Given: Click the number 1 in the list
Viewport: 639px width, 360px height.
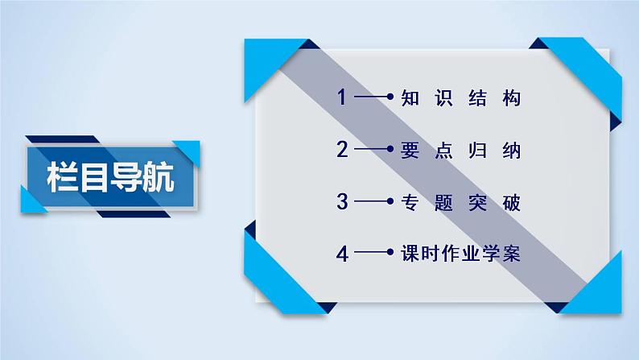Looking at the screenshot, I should (342, 98).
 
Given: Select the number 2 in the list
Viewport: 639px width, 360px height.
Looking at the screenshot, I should (342, 150).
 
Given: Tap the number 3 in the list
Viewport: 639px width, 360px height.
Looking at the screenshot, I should (342, 202).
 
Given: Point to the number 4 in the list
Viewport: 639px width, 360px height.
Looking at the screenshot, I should (342, 254).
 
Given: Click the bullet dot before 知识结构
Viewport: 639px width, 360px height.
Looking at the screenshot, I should (390, 98).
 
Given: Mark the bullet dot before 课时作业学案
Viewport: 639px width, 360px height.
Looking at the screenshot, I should (390, 254).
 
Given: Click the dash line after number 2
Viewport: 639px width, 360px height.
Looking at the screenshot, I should (370, 150).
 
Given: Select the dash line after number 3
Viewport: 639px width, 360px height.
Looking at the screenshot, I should (370, 202).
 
